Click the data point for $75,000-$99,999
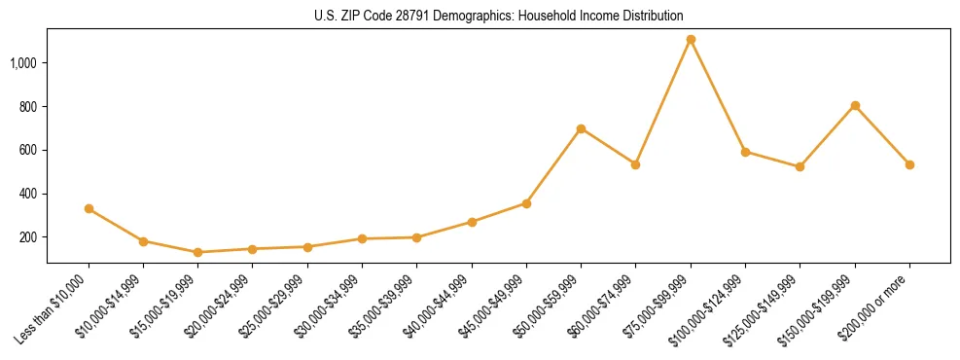pos(691,40)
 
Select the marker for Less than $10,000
pos(89,208)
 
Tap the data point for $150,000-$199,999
pos(855,105)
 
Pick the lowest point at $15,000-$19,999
pos(197,252)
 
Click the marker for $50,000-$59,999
pos(581,128)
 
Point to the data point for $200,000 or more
pos(909,164)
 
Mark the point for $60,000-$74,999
pos(635,164)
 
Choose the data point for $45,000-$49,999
pos(526,203)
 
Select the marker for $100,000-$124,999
pos(745,152)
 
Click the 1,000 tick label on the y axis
pos(24,63)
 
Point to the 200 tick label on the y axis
pos(29,237)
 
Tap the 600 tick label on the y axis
pos(29,150)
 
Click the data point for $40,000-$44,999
pos(472,222)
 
